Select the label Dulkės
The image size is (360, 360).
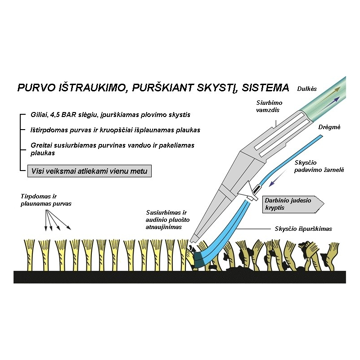pyautogui.click(x=307, y=89)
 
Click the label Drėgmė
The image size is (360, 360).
pyautogui.click(x=328, y=127)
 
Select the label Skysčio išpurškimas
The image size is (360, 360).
pyautogui.click(x=303, y=229)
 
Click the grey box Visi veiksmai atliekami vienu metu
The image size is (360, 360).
pyautogui.click(x=90, y=171)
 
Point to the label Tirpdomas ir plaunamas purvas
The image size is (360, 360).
pyautogui.click(x=45, y=200)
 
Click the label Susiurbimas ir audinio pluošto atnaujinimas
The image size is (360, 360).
pyautogui.click(x=168, y=219)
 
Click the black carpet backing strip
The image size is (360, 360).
pyautogui.click(x=180, y=276)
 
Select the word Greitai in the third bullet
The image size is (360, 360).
pyautogui.click(x=42, y=145)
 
